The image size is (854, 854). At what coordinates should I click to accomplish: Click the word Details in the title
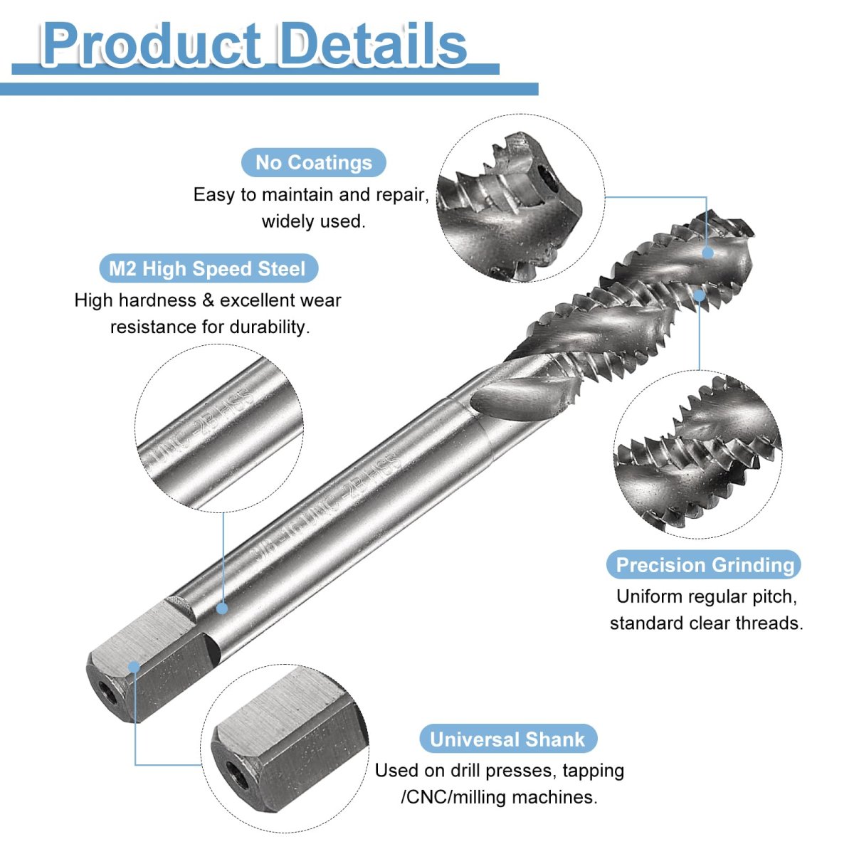click(373, 44)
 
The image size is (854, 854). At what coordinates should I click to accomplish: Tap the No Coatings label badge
click(313, 162)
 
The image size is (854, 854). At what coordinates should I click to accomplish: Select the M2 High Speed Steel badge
click(207, 269)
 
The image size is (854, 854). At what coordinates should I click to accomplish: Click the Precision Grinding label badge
click(705, 565)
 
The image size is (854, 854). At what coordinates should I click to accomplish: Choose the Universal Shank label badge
click(507, 739)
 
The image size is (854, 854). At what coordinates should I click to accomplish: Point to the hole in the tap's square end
click(107, 690)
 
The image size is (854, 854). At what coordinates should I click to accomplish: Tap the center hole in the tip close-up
click(549, 174)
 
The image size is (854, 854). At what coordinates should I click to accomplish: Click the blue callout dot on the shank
click(222, 608)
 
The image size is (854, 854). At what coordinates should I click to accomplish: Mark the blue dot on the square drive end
click(134, 666)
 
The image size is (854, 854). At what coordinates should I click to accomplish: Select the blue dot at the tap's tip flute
click(707, 252)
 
